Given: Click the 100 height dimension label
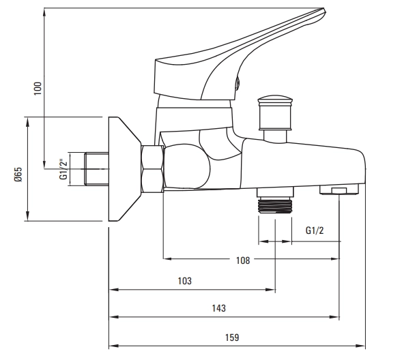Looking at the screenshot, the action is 38,89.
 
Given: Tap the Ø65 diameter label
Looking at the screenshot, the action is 18,175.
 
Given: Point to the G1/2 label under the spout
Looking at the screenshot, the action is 315,230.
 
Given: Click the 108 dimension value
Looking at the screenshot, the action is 243,260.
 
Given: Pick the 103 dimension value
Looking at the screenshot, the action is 184,281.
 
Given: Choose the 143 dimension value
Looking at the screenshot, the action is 218,308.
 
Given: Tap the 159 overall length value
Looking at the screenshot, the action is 232,337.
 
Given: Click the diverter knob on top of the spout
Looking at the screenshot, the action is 275,112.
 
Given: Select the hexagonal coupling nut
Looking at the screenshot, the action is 152,169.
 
